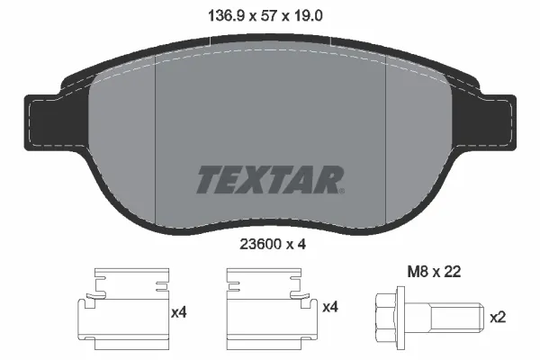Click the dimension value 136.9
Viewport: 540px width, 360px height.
click(226, 16)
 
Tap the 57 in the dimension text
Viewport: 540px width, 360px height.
click(269, 16)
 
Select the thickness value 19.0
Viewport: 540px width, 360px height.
click(308, 16)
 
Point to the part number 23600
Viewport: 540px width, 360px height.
click(260, 244)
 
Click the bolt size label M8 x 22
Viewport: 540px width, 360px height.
click(434, 272)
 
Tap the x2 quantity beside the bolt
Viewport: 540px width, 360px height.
click(498, 317)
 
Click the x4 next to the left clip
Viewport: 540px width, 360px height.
click(179, 312)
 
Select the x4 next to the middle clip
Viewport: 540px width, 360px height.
click(330, 307)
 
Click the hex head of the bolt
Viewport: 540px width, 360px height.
click(386, 318)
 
